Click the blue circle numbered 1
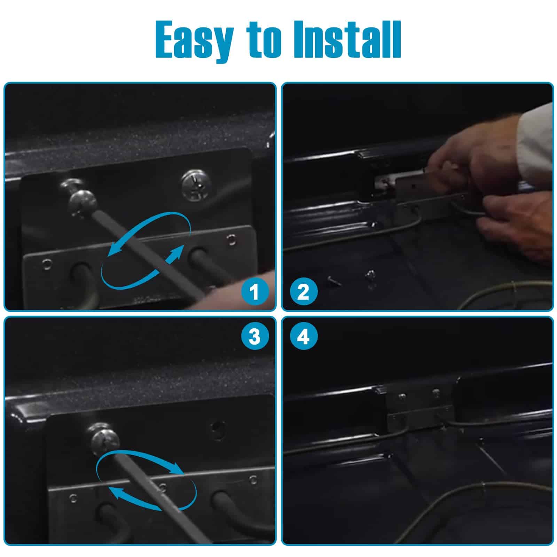tap(255, 292)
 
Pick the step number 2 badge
tap(304, 292)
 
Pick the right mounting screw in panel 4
tap(436, 393)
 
